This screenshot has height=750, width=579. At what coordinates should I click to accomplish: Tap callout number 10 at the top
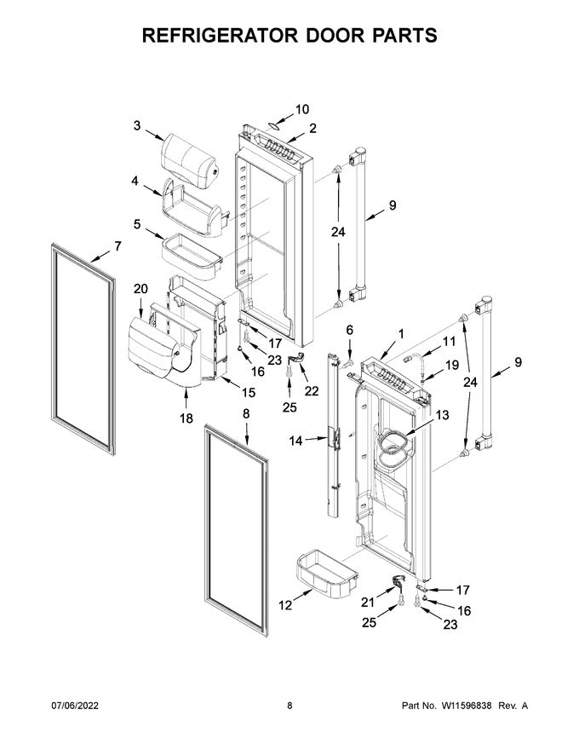[x=302, y=110]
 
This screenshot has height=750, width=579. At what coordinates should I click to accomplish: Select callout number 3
[x=136, y=126]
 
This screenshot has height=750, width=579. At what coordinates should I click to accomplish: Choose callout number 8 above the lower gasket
[x=246, y=414]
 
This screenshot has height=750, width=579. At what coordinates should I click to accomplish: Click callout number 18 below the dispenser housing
[x=186, y=418]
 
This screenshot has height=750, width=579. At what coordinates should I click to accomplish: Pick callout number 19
[x=429, y=365]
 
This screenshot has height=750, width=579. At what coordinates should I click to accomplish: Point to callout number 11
[x=450, y=341]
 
